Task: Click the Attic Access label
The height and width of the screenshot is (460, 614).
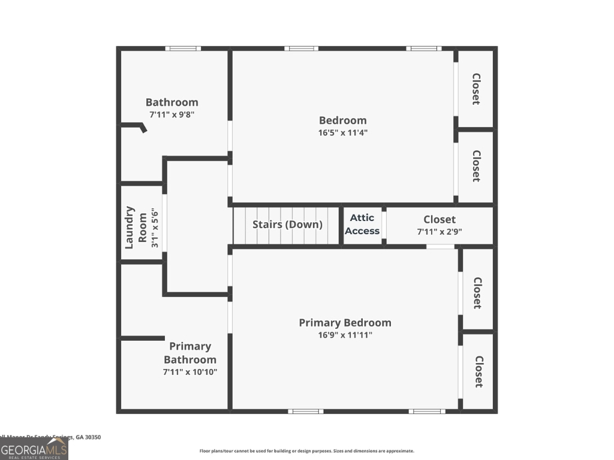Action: click(x=362, y=225)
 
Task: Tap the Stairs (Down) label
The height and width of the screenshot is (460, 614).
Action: click(x=287, y=225)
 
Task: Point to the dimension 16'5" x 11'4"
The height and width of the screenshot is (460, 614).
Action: click(x=342, y=132)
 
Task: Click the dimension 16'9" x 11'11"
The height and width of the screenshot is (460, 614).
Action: click(x=345, y=335)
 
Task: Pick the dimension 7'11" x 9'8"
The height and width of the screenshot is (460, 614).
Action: click(x=171, y=114)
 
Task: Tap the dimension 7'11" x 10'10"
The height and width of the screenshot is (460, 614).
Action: click(x=189, y=372)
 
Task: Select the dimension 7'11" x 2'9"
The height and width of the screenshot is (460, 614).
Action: click(x=439, y=231)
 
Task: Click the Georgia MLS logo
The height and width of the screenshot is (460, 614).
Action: click(x=34, y=449)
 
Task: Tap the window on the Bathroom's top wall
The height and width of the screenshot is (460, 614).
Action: click(x=183, y=49)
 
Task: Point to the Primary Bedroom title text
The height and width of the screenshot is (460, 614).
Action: click(x=345, y=323)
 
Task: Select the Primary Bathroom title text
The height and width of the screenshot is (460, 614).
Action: click(x=189, y=353)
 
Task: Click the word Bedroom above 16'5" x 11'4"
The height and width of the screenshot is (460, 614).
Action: click(x=342, y=120)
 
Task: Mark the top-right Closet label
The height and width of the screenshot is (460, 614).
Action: click(x=476, y=89)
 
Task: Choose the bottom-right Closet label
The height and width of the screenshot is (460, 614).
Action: click(x=478, y=371)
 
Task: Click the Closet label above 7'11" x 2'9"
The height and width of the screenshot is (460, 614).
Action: click(x=439, y=219)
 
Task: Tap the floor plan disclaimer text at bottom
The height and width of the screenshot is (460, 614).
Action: click(x=306, y=451)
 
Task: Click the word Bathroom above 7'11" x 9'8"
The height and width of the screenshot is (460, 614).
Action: click(x=171, y=102)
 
